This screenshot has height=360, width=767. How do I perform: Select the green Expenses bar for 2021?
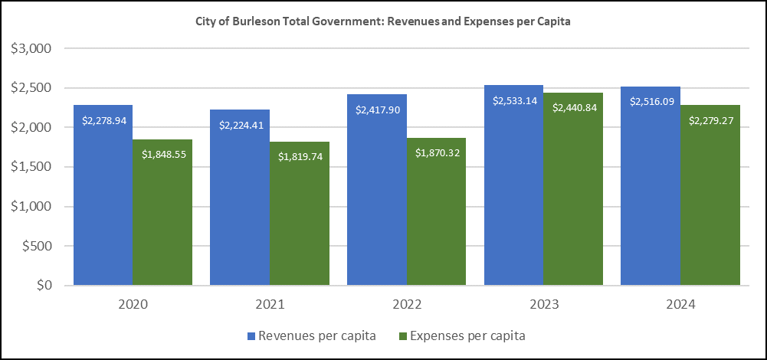point(299,222)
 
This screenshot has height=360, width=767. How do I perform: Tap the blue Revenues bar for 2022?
point(376,199)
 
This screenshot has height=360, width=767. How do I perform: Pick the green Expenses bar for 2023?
point(573,199)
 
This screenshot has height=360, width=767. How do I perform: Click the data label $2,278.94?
point(103,120)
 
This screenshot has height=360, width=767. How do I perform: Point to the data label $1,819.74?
point(300,157)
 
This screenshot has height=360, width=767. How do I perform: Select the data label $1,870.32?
point(437,153)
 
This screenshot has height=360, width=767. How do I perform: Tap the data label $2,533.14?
point(513,100)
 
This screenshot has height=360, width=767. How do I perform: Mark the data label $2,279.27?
point(710,120)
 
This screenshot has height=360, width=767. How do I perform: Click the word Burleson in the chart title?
point(259,22)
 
